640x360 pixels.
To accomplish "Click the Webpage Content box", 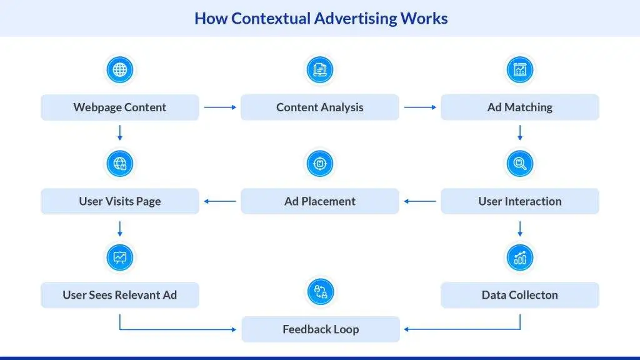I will click(119, 107).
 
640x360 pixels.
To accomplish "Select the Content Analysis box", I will click(319, 107).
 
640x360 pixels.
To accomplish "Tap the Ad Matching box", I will click(519, 107).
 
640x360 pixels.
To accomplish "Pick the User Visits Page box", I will click(119, 201).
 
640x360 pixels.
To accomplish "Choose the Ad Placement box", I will click(319, 201).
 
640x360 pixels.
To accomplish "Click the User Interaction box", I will click(519, 201).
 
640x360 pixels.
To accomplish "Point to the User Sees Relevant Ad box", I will click(119, 295).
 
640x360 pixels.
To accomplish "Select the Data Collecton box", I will click(519, 295).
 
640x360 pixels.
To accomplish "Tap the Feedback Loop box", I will click(320, 329).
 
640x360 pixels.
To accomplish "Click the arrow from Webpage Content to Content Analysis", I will click(220, 107).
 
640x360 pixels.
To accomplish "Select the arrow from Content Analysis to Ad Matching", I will click(420, 107).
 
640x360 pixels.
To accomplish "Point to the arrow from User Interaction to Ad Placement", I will click(420, 201).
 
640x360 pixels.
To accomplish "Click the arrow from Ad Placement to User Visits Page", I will click(220, 201).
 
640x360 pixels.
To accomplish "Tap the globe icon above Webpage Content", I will click(119, 69).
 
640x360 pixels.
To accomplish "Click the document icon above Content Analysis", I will click(319, 69).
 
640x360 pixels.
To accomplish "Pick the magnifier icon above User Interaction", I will click(519, 164).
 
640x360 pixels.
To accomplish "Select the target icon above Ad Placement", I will click(319, 164).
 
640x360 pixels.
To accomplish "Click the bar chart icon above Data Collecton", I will click(519, 257).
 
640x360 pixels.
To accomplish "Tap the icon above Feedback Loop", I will click(320, 292).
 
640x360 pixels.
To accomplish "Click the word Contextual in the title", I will click(270, 18).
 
